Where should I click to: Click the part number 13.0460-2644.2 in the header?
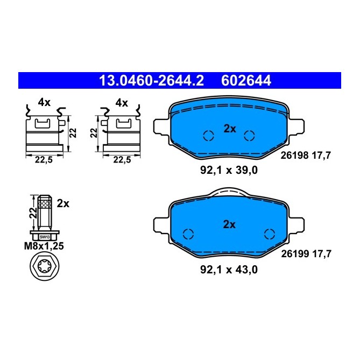coord(151,81)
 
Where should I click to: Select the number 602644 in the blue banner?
coord(246,81)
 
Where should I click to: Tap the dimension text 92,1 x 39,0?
coord(230,172)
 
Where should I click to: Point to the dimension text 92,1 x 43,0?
coord(230,270)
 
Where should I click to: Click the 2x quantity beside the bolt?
coord(63,203)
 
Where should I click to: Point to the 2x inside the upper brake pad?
coord(230,129)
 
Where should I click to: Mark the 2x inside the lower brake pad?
coord(230,225)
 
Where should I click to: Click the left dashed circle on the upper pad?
coord(208,136)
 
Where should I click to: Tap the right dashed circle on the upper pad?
coord(249,136)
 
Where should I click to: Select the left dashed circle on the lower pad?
coord(189,234)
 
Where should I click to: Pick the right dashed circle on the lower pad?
coord(270,234)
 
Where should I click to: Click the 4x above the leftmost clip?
coord(44,103)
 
